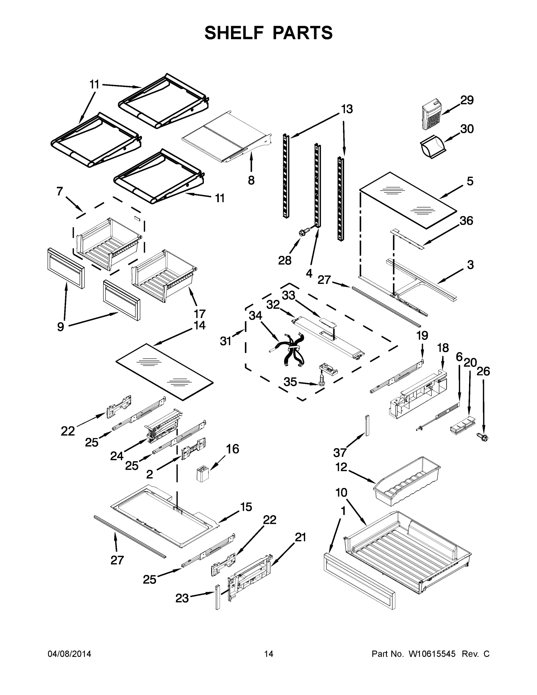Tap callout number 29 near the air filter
467,100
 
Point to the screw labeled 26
483,438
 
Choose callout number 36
466,221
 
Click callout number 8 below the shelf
251,180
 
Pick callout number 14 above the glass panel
199,325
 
